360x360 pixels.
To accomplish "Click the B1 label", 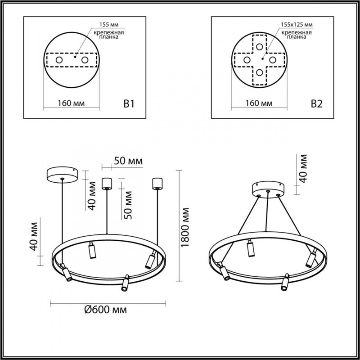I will pos(129,104).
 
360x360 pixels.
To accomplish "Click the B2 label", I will pos(316,104).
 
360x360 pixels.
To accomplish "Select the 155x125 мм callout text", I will pos(297,25).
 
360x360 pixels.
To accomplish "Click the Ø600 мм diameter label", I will pos(105,310).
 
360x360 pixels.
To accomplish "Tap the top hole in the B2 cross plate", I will pos(259,46).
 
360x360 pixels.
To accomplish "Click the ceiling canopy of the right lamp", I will pos(268,189).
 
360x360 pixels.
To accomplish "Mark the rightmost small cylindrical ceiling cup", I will pos(157,183).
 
